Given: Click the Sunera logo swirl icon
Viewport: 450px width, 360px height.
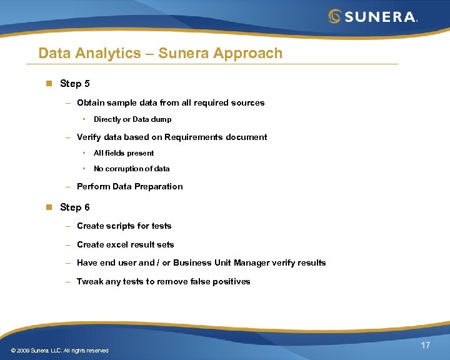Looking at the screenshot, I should (335, 16).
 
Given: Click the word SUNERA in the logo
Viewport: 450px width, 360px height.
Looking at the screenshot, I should (380, 16).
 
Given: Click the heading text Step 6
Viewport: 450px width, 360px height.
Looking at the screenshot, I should (74, 207).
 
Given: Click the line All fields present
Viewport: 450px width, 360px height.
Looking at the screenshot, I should (124, 153).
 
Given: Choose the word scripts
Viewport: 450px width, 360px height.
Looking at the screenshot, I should (121, 226).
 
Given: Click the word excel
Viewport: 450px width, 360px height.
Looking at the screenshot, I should (117, 244).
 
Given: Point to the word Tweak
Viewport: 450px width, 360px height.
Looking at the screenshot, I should (89, 281).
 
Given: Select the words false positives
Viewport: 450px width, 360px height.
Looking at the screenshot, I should (222, 281).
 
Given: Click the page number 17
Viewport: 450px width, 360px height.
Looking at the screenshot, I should (425, 346).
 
